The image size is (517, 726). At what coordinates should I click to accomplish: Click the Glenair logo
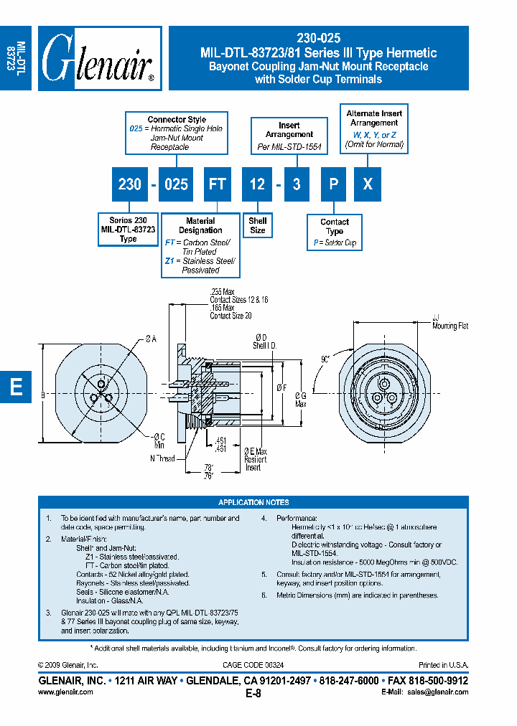pos(99,58)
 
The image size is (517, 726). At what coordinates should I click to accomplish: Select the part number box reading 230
pos(129,184)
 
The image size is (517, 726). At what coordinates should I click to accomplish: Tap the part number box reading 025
pos(176,184)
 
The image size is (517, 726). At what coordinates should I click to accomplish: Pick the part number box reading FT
pos(217,184)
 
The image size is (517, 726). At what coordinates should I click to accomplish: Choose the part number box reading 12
pos(257,184)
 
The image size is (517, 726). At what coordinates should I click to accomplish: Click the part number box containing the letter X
pos(367,184)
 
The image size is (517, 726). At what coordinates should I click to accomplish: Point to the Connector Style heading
pos(177,120)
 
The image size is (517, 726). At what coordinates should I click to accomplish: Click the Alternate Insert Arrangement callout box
pos(373,128)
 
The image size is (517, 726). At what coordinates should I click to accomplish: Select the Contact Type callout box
pos(335,232)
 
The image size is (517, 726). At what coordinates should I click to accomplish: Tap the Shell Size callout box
pos(258,225)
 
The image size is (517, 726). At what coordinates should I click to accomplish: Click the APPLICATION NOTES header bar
pos(253,502)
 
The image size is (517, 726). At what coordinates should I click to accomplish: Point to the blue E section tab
pos(16,387)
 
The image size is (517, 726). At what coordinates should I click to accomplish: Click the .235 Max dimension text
pos(223,291)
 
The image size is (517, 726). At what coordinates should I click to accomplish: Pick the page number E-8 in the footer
pos(253,693)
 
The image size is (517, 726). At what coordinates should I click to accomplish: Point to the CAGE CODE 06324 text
pos(253,666)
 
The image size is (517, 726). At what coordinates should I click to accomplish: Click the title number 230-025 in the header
pos(318,39)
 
